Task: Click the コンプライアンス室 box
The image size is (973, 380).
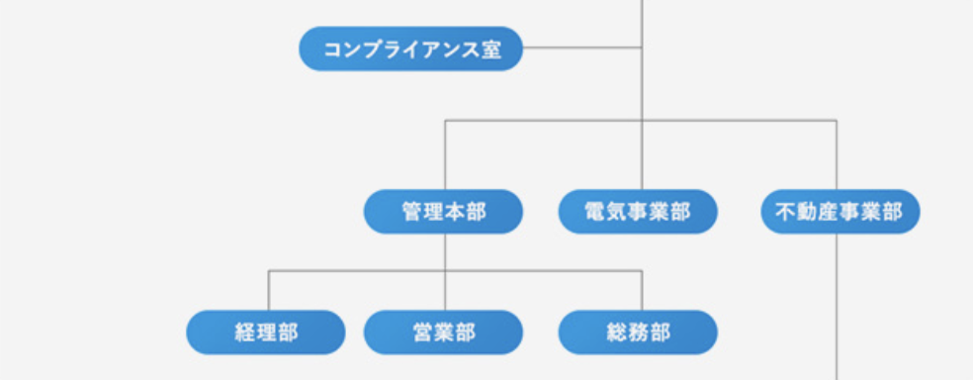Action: (x=410, y=48)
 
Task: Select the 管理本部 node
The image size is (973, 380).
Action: (x=443, y=212)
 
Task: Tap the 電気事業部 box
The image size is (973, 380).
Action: (x=638, y=212)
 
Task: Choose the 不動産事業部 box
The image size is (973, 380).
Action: (x=840, y=212)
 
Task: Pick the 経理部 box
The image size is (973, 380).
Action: (x=266, y=332)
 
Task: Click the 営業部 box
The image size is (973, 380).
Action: (x=443, y=332)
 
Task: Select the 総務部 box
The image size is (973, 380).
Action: (x=638, y=332)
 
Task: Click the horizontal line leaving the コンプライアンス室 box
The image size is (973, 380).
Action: (x=581, y=47)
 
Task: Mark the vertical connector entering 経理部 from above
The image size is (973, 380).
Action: (x=268, y=290)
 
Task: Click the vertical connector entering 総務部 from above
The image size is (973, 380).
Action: (x=641, y=290)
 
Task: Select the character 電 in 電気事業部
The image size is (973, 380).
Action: (x=595, y=212)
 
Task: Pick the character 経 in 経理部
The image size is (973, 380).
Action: (x=245, y=332)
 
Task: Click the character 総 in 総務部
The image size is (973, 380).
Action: (x=617, y=332)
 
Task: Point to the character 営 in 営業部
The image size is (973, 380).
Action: (x=422, y=332)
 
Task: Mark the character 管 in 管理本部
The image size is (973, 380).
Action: (x=412, y=212)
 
